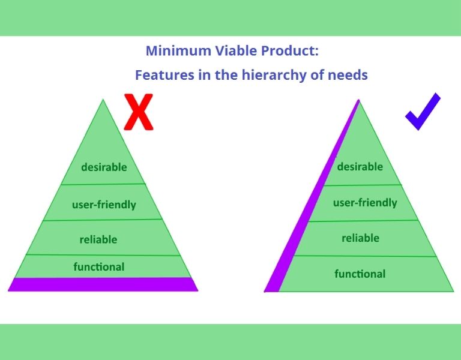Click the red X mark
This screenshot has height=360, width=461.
(x=139, y=112)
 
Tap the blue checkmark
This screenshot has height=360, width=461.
(x=422, y=112)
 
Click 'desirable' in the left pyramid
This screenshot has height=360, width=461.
(x=104, y=167)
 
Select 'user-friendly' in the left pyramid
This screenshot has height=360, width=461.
(x=104, y=205)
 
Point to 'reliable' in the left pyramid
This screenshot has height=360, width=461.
(x=98, y=239)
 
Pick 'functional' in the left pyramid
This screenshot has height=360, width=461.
(x=99, y=266)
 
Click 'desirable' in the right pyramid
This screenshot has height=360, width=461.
(x=360, y=166)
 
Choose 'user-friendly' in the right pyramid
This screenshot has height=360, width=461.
(x=365, y=202)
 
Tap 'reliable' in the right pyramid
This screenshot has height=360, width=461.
(x=360, y=238)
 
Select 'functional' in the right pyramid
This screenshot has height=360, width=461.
(x=360, y=274)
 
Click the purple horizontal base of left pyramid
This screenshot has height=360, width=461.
(x=103, y=284)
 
